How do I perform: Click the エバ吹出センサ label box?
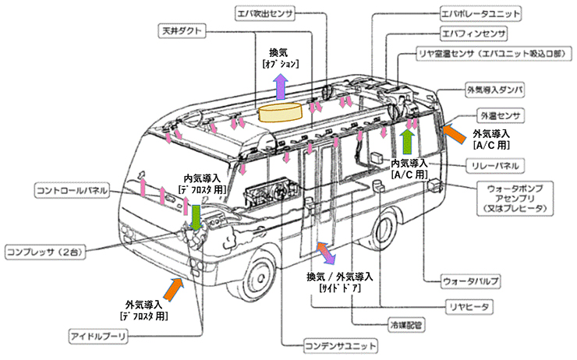point(269,13)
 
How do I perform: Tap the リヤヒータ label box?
point(466,308)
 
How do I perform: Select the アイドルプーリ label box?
point(98,336)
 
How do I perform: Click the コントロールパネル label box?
point(72,189)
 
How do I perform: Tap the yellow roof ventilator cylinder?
point(281,114)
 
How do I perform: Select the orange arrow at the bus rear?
point(453,132)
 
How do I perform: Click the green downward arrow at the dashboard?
point(196,216)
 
